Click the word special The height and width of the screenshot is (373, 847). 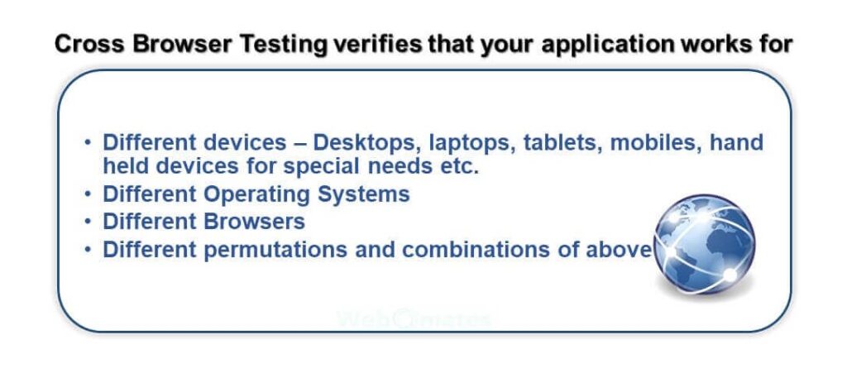322,167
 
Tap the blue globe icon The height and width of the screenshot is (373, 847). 705,245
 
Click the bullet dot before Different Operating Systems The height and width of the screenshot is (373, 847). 88,194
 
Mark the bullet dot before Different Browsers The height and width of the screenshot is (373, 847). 88,222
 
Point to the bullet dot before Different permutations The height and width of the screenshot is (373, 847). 88,250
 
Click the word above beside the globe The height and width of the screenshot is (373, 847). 620,250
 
